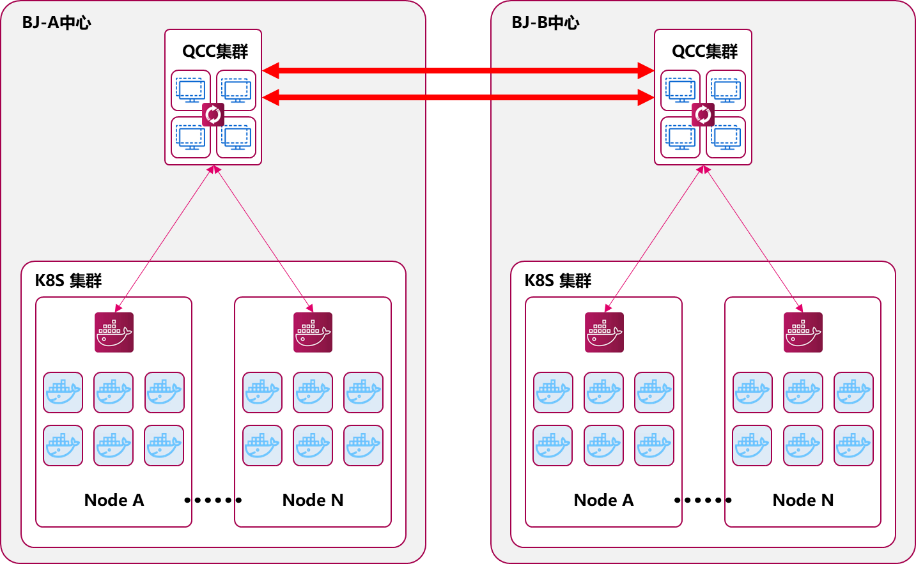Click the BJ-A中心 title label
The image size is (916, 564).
tap(56, 23)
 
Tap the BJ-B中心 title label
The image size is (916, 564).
tap(545, 23)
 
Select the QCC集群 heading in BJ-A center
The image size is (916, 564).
tap(215, 51)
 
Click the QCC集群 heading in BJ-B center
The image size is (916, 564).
tap(704, 51)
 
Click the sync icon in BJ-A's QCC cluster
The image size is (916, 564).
tap(213, 114)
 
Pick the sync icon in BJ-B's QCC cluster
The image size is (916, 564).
tap(703, 114)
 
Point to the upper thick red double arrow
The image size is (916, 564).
tap(458, 70)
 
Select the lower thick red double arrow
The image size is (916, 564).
tap(458, 97)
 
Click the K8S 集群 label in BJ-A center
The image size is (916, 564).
tap(68, 280)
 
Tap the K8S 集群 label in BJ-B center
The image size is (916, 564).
tap(558, 280)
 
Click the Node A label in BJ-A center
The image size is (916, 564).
tap(114, 500)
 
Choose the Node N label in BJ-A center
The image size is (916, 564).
tap(313, 500)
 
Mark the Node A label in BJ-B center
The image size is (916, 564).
tap(603, 500)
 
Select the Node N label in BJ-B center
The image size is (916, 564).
tap(803, 500)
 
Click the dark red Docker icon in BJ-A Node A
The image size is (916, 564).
tap(114, 332)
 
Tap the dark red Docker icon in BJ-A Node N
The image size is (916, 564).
tap(313, 332)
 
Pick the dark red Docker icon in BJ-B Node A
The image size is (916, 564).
tap(604, 332)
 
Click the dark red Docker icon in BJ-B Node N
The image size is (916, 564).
tap(803, 332)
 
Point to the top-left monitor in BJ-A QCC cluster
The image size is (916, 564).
tap(191, 90)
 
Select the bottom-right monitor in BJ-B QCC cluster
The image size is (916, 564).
tap(726, 137)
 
